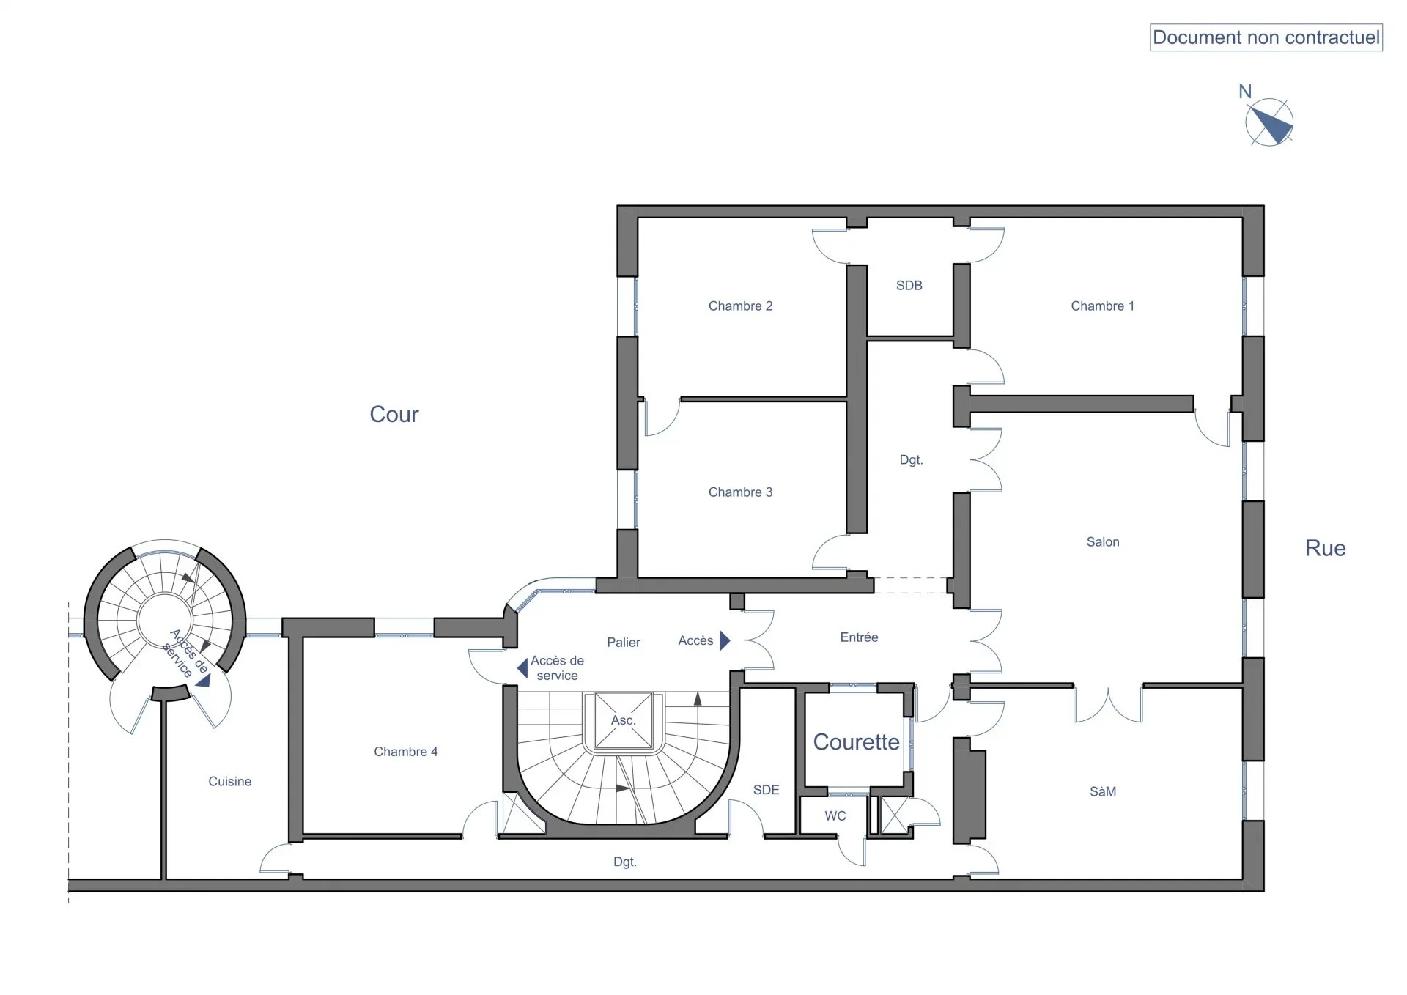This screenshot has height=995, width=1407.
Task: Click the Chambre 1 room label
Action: (1102, 306)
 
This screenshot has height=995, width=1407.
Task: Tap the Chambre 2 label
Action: (740, 306)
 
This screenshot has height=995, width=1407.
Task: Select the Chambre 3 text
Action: (740, 492)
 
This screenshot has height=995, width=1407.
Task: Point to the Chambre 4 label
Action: (405, 752)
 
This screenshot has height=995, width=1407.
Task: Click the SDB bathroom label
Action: (909, 286)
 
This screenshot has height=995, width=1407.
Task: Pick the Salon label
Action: (1103, 542)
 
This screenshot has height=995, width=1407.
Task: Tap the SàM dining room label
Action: (1103, 791)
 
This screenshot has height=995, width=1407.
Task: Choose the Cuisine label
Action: (229, 782)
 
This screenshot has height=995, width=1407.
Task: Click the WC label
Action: (835, 816)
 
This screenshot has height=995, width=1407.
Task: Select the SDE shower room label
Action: (767, 790)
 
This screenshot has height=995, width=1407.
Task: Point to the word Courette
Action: (857, 742)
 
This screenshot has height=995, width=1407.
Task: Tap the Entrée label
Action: (859, 637)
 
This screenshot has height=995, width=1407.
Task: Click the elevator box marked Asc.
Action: (624, 721)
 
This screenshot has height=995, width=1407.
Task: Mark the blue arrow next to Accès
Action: (725, 641)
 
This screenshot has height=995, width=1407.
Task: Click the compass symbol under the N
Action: (1269, 122)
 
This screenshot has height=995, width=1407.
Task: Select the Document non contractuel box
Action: (1266, 37)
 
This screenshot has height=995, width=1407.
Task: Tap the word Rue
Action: (1325, 548)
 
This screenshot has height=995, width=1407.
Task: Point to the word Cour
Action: (394, 414)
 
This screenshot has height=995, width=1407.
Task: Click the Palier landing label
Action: (624, 643)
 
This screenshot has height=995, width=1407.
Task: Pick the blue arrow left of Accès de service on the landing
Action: (522, 668)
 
